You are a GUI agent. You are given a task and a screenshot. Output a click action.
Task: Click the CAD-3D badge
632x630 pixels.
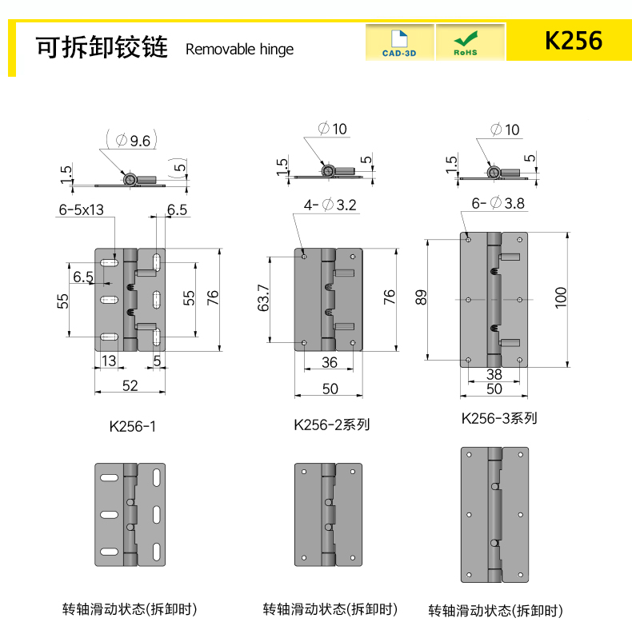pos(399,42)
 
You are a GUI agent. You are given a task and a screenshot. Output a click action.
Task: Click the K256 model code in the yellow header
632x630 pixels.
pos(574,41)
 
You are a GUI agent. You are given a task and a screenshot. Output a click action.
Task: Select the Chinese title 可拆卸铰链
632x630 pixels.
pos(102,46)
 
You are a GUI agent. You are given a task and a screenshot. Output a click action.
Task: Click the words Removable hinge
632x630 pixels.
pos(239,50)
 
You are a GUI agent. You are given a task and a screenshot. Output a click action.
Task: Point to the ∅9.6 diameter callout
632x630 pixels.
pos(133,141)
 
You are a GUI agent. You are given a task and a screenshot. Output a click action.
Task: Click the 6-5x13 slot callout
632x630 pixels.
pos(81,209)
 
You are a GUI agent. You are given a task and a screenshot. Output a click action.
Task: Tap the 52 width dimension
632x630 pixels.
pos(130,385)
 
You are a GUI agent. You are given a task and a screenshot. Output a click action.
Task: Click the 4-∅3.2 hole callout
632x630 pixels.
pos(330,205)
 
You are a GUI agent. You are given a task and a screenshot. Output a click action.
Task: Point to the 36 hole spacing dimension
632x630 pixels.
pos(330,362)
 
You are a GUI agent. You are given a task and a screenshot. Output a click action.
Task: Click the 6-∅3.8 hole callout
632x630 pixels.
pos(498,203)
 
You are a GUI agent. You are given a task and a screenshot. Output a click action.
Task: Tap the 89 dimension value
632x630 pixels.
pos(420,297)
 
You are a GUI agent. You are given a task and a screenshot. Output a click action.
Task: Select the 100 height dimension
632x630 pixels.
pos(561,298)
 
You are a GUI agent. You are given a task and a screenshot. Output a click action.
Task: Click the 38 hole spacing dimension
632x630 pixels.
pos(494,374)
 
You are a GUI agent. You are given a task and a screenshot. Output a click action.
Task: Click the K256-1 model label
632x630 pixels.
pos(132,426)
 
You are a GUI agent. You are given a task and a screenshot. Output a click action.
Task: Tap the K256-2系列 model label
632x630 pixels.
pos(331,425)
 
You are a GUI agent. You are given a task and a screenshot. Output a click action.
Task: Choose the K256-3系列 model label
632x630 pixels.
pos(499,418)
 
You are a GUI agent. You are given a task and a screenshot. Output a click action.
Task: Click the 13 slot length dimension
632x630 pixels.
pos(109,361)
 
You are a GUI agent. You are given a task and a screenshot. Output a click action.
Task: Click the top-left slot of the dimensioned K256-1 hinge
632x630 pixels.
pos(109,263)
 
